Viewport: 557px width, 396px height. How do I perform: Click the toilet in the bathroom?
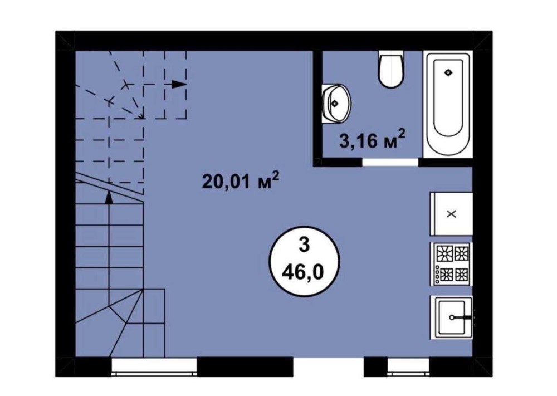point(391,69)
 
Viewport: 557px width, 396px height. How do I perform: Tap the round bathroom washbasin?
point(336,104)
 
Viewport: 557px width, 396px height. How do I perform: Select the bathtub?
point(448,104)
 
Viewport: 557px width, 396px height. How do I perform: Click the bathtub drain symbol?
point(448,72)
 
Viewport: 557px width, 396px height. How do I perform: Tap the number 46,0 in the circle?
point(303,272)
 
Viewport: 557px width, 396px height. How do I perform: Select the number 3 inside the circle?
point(304,246)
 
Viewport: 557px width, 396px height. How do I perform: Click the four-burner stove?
point(452,264)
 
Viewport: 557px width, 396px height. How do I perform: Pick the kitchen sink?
point(452,317)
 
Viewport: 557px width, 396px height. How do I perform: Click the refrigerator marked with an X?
point(452,214)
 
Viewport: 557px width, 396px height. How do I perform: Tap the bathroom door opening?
point(390,162)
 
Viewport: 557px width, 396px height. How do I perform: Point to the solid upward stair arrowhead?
point(109,197)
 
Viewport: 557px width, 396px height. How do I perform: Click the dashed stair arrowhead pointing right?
point(179,84)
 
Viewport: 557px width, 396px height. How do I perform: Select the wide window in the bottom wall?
point(154,367)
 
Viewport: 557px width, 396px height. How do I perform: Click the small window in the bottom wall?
point(408,367)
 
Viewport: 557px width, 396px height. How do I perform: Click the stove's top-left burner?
point(444,253)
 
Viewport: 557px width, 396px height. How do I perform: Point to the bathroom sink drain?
point(334,104)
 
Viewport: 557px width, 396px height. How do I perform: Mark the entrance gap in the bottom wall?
point(329,367)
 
